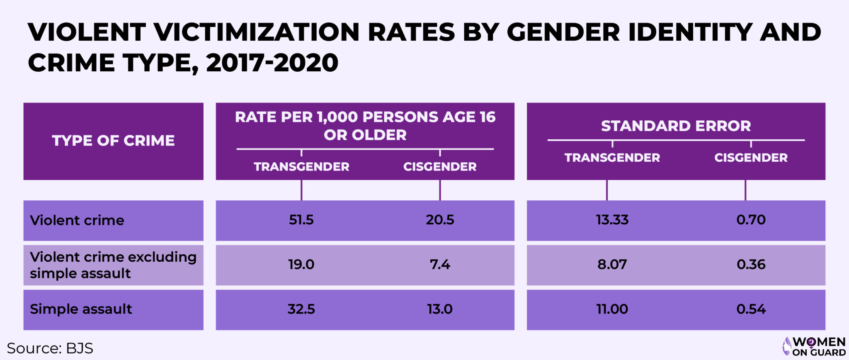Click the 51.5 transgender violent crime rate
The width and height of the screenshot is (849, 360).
(301, 220)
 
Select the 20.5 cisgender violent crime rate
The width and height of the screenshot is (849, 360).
(440, 220)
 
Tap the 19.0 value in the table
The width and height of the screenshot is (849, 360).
(301, 265)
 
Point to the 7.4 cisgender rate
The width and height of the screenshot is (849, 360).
(440, 265)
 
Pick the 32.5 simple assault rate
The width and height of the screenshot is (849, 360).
(301, 309)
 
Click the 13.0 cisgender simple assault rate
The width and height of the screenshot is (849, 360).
(440, 309)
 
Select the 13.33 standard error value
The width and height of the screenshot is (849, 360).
(612, 220)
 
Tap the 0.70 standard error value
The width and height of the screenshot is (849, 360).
(751, 220)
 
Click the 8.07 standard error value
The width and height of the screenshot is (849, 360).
(612, 265)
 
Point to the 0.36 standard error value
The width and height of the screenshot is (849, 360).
(751, 265)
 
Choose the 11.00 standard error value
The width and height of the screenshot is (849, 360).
(612, 309)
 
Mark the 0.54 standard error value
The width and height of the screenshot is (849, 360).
(751, 309)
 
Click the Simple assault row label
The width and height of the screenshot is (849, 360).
(81, 309)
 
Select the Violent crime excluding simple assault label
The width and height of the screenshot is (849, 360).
(113, 265)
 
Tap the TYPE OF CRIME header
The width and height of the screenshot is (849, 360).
(113, 141)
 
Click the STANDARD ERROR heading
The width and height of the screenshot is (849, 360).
(676, 126)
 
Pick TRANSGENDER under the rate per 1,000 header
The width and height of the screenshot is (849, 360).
(301, 167)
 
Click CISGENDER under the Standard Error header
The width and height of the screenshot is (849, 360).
(751, 158)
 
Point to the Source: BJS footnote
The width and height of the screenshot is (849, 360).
(50, 348)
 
